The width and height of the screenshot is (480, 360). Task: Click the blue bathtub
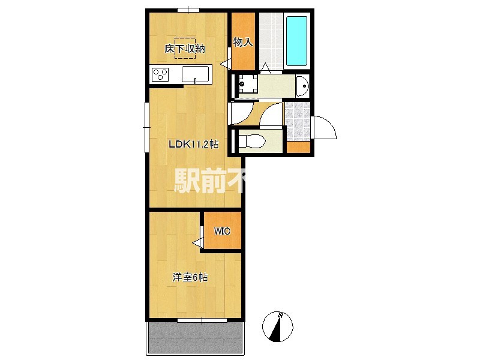296,41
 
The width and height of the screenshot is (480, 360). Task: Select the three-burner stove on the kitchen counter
160,74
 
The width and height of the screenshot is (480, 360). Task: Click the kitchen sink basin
195,74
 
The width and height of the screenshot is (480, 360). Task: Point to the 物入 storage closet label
242,42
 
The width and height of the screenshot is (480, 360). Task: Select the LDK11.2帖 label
193,144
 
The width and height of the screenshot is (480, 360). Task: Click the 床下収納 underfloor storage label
185,49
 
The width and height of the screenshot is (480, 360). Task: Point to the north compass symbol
278,327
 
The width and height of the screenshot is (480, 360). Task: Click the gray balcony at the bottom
196,338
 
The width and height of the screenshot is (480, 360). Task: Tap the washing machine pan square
246,85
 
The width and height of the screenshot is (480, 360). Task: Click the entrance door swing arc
325,127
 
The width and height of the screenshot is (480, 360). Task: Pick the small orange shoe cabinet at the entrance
298,148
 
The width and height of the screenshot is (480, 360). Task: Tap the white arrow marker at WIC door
196,242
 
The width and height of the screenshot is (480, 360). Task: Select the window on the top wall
188,9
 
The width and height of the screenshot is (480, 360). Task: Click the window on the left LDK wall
146,125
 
